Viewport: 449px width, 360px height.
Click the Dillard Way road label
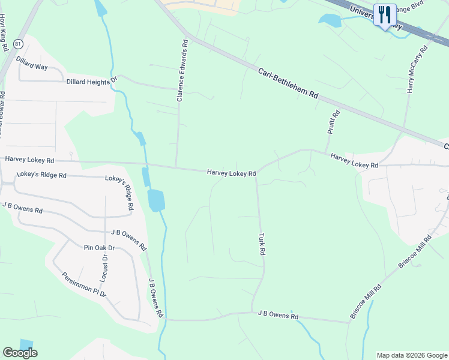point(32,63)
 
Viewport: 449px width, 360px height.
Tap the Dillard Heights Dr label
point(91,81)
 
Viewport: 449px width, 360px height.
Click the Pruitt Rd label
point(334,122)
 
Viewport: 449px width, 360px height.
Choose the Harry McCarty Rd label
point(416,70)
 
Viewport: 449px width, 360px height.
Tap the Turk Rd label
point(262,244)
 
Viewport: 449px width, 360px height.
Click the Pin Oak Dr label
point(98,247)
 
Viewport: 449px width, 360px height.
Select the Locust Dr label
point(104,268)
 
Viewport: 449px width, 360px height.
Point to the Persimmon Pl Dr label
point(84,285)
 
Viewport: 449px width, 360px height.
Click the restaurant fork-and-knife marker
point(384,14)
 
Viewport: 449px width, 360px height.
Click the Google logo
point(20,353)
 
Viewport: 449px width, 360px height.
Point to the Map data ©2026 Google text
point(412,355)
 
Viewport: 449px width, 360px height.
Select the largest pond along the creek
point(155,200)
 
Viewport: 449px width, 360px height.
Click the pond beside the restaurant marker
point(330,20)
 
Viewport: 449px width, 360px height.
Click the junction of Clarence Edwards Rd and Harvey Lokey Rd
point(175,167)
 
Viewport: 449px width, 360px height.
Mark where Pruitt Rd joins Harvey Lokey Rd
point(325,152)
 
